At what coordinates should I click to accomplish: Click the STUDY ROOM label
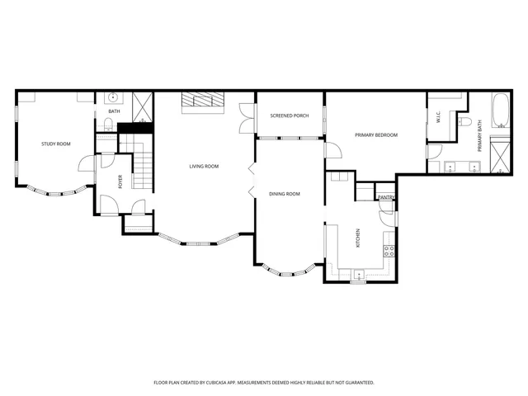tap(56, 144)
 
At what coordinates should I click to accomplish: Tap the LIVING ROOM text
tap(204, 167)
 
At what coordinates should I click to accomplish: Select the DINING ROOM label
tap(285, 194)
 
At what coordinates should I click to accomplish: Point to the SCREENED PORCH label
tap(290, 115)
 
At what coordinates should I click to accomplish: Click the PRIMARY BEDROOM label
tap(376, 134)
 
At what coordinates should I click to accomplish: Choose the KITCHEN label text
tap(357, 238)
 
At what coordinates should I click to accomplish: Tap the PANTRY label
tap(385, 198)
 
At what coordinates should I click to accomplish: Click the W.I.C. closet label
tap(438, 116)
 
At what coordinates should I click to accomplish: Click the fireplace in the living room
tap(203, 101)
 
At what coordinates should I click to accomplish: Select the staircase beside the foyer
tap(143, 170)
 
